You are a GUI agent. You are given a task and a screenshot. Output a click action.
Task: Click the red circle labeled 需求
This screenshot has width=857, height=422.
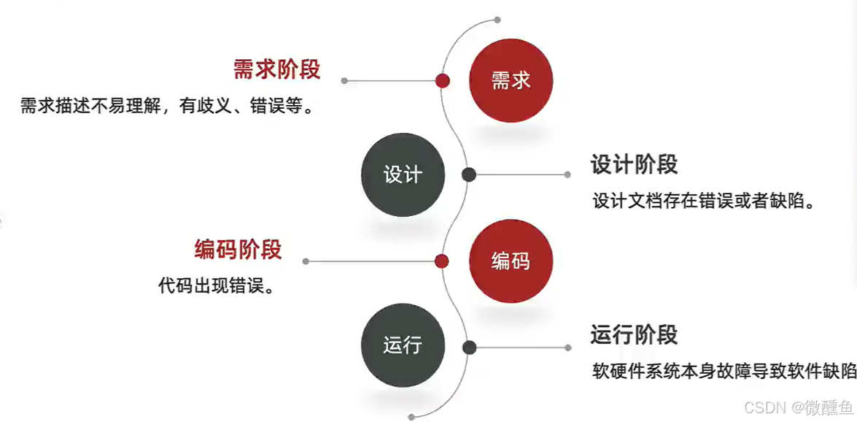(x=511, y=80)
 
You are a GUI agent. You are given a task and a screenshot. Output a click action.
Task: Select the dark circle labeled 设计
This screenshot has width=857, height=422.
(x=403, y=174)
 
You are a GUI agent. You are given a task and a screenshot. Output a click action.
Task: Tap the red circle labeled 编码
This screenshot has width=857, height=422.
(x=511, y=261)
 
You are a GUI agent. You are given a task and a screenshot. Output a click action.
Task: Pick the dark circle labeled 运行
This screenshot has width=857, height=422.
(x=403, y=345)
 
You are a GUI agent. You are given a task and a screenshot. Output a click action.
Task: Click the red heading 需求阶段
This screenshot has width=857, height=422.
(x=277, y=69)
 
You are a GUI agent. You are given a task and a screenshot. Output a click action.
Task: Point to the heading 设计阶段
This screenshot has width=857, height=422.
(x=634, y=164)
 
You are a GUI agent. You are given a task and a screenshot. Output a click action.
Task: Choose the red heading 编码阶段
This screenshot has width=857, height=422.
(x=238, y=249)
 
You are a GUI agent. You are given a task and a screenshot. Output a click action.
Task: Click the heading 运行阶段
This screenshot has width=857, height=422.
(x=634, y=334)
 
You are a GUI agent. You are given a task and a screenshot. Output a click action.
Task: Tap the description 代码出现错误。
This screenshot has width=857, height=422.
(x=217, y=285)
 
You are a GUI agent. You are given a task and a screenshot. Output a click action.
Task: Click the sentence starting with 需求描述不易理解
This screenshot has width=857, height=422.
(x=167, y=107)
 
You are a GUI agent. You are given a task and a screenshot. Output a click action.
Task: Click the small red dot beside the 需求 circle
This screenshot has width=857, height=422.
(x=442, y=80)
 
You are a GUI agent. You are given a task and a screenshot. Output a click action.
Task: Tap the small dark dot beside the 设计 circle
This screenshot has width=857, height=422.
(x=469, y=174)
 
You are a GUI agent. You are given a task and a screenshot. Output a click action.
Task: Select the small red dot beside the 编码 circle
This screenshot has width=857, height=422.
(x=441, y=261)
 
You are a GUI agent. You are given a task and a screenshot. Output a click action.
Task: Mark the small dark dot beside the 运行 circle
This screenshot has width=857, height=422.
(x=469, y=348)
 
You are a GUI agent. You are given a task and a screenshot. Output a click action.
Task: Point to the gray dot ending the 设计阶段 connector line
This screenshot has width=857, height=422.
(x=567, y=174)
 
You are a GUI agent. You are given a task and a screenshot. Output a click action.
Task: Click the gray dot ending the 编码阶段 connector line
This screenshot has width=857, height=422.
(x=306, y=261)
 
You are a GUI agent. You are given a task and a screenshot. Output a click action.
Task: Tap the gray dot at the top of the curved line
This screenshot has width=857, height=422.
(x=497, y=20)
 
